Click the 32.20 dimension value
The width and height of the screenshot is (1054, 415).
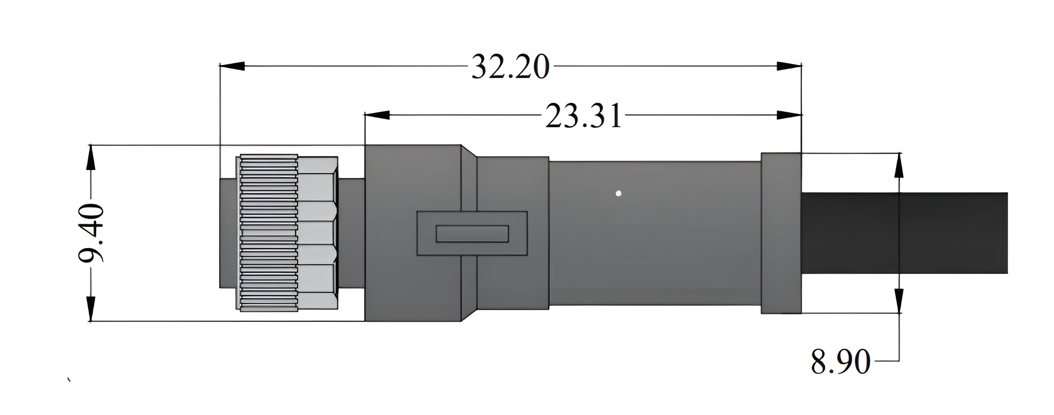tap(510, 67)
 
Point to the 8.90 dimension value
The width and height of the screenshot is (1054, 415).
tap(841, 362)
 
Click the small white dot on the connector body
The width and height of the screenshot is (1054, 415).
tap(618, 194)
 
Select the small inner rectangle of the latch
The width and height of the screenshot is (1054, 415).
tap(472, 234)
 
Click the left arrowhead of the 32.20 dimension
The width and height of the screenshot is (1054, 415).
tap(232, 66)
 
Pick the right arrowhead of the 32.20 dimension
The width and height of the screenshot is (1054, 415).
tap(789, 66)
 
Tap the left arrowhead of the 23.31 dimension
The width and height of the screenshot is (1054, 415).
tap(377, 115)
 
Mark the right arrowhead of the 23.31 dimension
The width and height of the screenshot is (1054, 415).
tap(789, 115)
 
